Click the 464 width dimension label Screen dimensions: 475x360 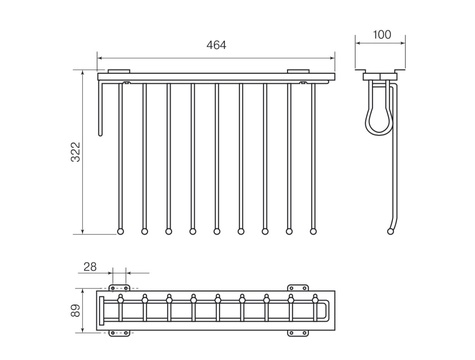(x=216, y=45)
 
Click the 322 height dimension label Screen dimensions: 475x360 (x=76, y=152)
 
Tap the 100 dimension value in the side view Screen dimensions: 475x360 (x=382, y=34)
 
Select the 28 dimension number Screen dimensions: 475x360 (x=90, y=267)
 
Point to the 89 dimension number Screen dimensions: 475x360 (x=76, y=310)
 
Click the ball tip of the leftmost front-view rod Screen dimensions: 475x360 (x=120, y=231)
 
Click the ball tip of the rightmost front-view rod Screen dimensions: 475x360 (x=313, y=231)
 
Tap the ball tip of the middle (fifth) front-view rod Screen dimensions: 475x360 (x=217, y=231)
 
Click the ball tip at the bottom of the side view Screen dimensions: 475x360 (x=390, y=231)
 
